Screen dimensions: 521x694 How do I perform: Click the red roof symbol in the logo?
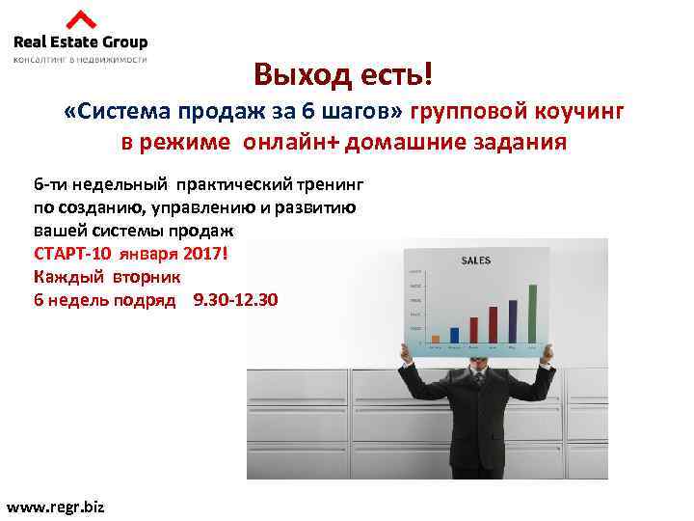tap(81, 19)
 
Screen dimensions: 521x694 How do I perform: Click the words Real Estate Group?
tap(80, 41)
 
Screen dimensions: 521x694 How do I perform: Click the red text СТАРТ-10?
tap(73, 254)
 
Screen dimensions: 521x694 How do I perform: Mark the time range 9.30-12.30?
tap(235, 300)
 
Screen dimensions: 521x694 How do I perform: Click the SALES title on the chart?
tap(476, 260)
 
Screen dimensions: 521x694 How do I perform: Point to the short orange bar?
tap(436, 339)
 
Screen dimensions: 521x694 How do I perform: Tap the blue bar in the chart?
tap(455, 334)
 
